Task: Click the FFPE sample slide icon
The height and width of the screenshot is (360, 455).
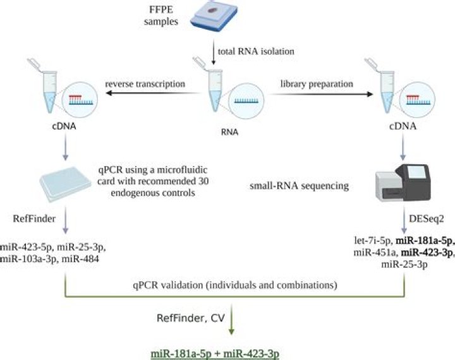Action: point(214,16)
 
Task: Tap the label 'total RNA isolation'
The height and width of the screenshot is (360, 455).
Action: point(256,52)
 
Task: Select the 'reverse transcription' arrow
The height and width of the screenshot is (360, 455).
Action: point(154,93)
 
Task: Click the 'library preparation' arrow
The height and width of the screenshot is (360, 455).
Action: point(321,94)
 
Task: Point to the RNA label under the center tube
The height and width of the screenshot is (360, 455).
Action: point(229,132)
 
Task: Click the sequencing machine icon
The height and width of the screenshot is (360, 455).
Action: point(403,183)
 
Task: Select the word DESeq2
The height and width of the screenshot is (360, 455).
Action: point(427,219)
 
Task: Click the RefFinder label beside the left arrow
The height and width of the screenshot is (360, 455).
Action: point(34,219)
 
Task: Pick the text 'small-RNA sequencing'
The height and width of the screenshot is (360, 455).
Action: point(299,186)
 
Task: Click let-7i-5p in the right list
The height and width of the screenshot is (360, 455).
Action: point(373,241)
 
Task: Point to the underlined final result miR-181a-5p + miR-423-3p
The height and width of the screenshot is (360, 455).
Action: point(215,354)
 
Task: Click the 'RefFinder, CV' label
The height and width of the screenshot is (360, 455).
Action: point(191,318)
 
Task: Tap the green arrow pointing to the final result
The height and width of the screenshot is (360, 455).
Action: point(231,319)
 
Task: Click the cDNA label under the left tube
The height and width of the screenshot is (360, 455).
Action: point(64,126)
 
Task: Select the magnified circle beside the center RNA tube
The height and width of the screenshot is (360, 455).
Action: point(246,100)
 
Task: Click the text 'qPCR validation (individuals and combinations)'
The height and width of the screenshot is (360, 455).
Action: point(235,285)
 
